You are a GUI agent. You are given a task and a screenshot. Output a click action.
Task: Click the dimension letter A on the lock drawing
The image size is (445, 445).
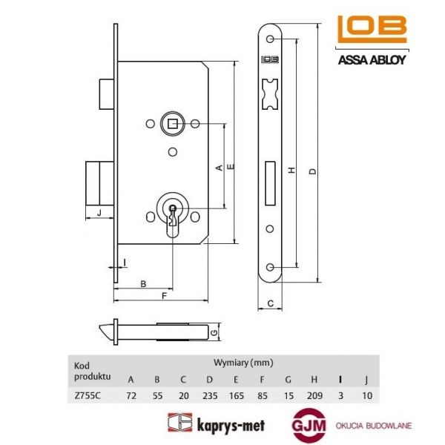coord(219,168)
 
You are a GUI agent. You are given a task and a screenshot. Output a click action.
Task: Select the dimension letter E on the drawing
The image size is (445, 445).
coord(231,168)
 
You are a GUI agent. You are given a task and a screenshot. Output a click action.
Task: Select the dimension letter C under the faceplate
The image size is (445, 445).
coord(271,303)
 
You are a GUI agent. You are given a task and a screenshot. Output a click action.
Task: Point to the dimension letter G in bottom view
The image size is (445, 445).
coord(214,332)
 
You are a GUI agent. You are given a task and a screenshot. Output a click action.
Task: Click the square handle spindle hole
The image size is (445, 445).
coord(172,122)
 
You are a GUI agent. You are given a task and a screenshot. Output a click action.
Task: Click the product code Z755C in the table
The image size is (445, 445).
coord(87,395)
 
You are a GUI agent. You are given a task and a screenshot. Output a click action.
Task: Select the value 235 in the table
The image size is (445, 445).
coord(210,395)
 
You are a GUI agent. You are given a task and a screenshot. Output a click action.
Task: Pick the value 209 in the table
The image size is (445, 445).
coord(314,395)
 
